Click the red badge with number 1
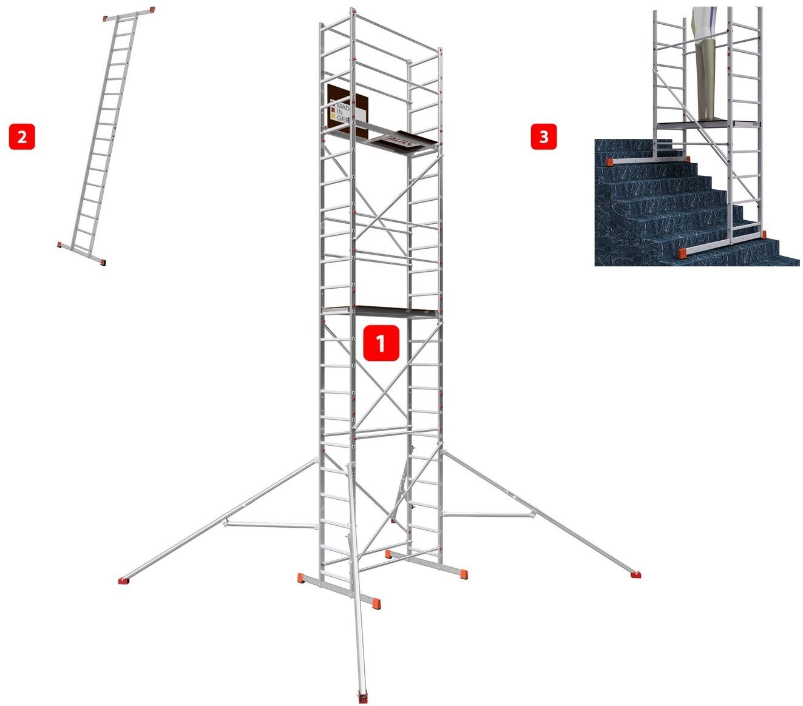click(381, 344)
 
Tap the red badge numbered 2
click(22, 136)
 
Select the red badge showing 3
click(543, 136)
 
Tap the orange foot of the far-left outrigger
click(124, 580)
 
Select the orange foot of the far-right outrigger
click(635, 574)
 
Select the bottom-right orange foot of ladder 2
click(103, 262)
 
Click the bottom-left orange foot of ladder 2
click(60, 244)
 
